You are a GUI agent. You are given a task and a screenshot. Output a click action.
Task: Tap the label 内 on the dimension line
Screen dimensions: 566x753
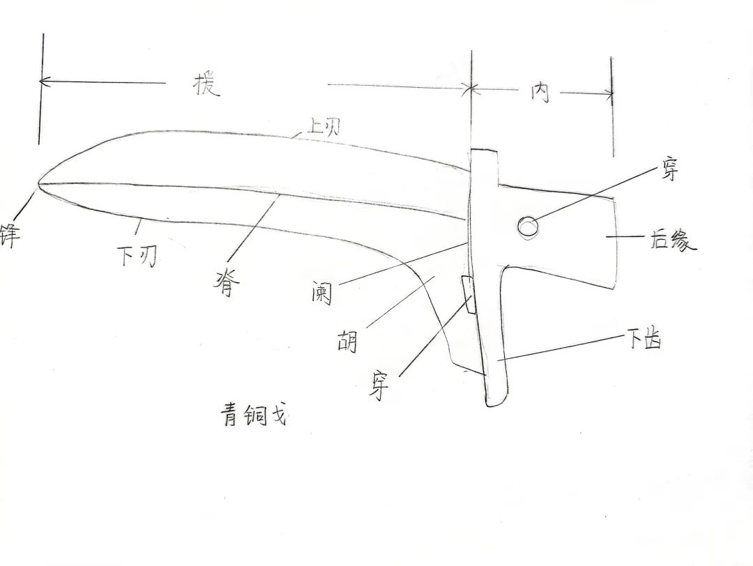(x=540, y=92)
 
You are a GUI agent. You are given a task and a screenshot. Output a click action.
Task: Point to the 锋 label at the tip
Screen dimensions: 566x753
(x=10, y=232)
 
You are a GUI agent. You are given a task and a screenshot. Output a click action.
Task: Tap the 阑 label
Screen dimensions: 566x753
(x=322, y=293)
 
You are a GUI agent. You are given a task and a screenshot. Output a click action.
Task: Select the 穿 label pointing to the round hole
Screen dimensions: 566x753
(x=669, y=169)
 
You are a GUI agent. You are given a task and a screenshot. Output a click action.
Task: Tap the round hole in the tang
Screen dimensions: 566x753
(x=527, y=226)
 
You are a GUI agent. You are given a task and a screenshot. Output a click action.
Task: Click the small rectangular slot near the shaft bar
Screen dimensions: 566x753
(x=469, y=293)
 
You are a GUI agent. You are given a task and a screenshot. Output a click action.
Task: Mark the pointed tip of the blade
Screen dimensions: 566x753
(x=38, y=184)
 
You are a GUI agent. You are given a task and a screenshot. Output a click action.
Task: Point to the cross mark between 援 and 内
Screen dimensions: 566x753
(x=471, y=88)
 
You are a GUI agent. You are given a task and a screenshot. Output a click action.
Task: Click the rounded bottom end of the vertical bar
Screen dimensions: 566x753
(x=495, y=401)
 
